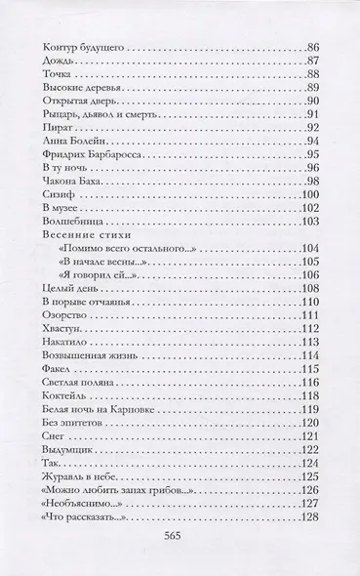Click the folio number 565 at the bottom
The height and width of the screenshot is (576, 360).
tap(180, 540)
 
